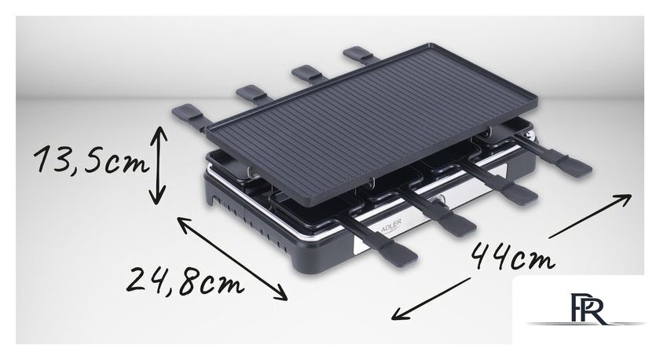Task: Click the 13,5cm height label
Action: click(91, 160)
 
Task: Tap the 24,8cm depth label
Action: click(185, 281)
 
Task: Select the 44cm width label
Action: click(512, 256)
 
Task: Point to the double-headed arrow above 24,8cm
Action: click(232, 259)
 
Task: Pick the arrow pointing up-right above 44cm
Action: click(590, 216)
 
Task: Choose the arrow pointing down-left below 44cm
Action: click(431, 299)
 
